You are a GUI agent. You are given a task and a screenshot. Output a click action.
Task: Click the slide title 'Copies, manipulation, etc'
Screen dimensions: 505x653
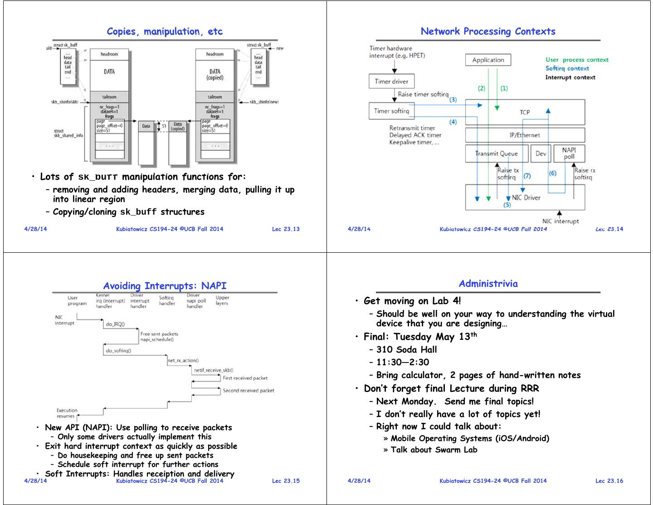[x=165, y=31]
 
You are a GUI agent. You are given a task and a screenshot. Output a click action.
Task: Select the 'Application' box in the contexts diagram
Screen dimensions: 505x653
[x=488, y=60]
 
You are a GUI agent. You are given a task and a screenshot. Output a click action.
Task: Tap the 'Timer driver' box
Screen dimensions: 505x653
[x=391, y=82]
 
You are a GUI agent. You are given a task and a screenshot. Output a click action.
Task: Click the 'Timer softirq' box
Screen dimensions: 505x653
[x=391, y=111]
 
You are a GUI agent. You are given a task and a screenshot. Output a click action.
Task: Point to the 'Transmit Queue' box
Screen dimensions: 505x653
[x=497, y=153]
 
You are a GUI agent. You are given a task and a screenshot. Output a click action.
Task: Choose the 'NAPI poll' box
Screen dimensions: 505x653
[x=569, y=153]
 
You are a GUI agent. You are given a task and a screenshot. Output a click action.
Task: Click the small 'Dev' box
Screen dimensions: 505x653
[x=541, y=153]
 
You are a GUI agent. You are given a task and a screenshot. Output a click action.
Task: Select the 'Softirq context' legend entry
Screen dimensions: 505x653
[x=567, y=69]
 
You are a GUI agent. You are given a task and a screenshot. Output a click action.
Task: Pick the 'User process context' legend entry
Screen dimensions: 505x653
[x=577, y=60]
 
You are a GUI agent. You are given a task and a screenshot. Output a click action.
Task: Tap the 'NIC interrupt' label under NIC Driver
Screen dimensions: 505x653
[x=560, y=221]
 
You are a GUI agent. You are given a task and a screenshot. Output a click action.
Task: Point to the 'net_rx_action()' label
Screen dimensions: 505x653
[x=183, y=361]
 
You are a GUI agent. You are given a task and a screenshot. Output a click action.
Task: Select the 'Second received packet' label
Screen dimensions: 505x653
[x=248, y=390]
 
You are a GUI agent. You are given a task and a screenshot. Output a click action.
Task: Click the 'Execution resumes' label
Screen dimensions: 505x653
[x=67, y=413]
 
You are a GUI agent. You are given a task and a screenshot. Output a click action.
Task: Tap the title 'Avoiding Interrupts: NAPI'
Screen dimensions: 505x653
[x=165, y=286]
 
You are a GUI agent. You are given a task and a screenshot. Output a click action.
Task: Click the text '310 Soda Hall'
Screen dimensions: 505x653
[x=406, y=349]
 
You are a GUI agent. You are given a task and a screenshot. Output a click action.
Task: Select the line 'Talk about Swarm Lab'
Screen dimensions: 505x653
[x=434, y=450]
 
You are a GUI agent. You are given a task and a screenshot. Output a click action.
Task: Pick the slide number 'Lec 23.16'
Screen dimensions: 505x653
[x=609, y=481]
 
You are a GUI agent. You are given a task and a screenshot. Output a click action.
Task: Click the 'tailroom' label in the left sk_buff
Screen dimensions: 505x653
[x=109, y=97]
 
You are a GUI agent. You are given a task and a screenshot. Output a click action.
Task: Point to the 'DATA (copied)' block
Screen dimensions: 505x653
[x=215, y=74]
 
